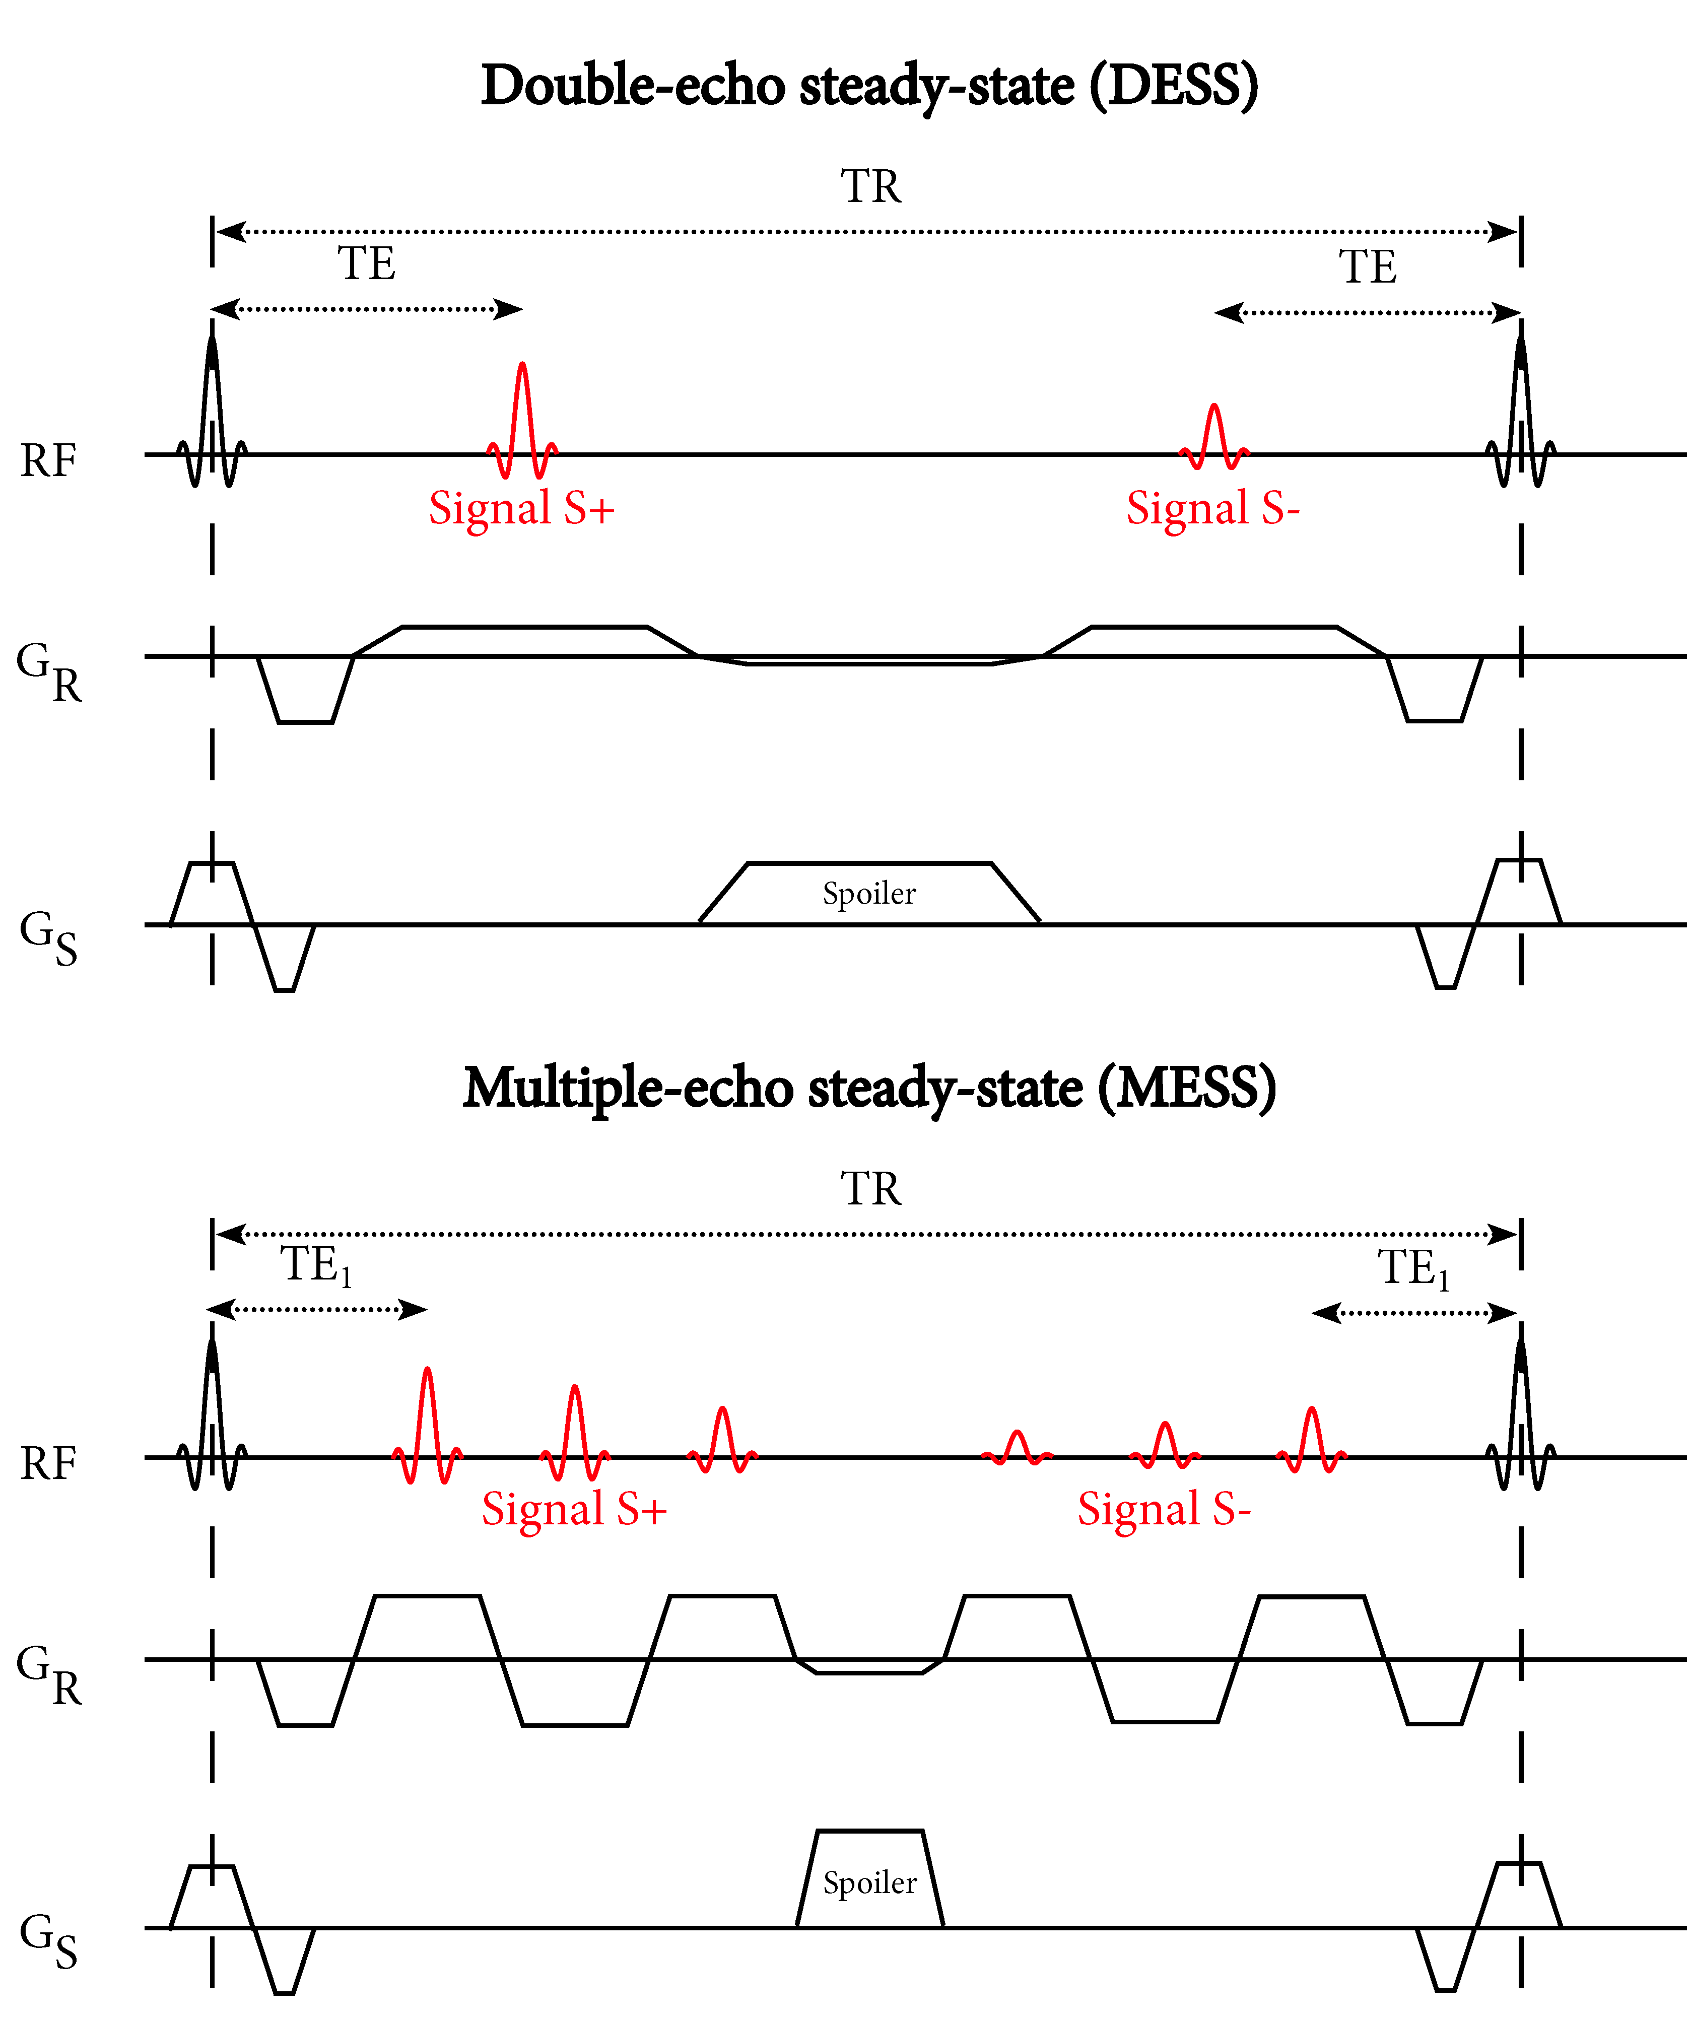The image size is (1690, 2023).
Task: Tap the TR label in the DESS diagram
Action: click(x=870, y=186)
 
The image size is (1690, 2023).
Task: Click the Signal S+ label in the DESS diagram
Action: click(x=521, y=509)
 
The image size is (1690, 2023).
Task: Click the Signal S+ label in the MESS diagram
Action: click(x=574, y=1510)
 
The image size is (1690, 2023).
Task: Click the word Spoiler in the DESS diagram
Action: click(x=869, y=894)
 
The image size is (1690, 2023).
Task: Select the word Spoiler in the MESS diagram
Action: click(x=870, y=1883)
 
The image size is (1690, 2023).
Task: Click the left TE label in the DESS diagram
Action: click(x=366, y=264)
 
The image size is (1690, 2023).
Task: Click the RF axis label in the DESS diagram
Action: click(x=48, y=460)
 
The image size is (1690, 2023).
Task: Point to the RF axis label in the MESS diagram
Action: click(x=48, y=1464)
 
